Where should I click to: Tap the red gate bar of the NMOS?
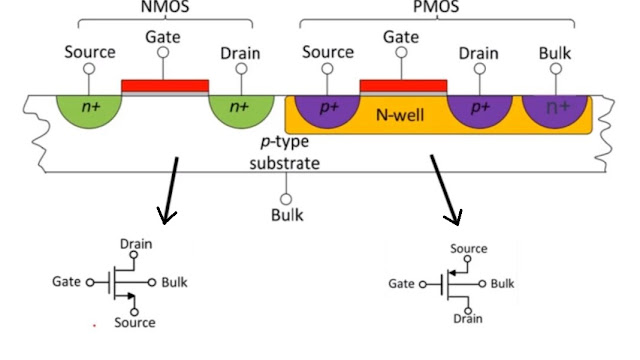[x=165, y=86]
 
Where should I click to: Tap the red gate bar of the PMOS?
[x=403, y=86]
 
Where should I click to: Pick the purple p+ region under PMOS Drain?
[x=479, y=111]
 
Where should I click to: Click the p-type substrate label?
[x=285, y=152]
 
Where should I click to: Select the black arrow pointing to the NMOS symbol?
[x=171, y=190]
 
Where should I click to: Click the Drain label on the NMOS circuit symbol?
[x=136, y=243]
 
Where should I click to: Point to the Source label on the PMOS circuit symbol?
[x=468, y=248]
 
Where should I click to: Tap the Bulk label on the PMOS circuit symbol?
[x=502, y=284]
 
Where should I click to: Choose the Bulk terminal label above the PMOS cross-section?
[x=557, y=52]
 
